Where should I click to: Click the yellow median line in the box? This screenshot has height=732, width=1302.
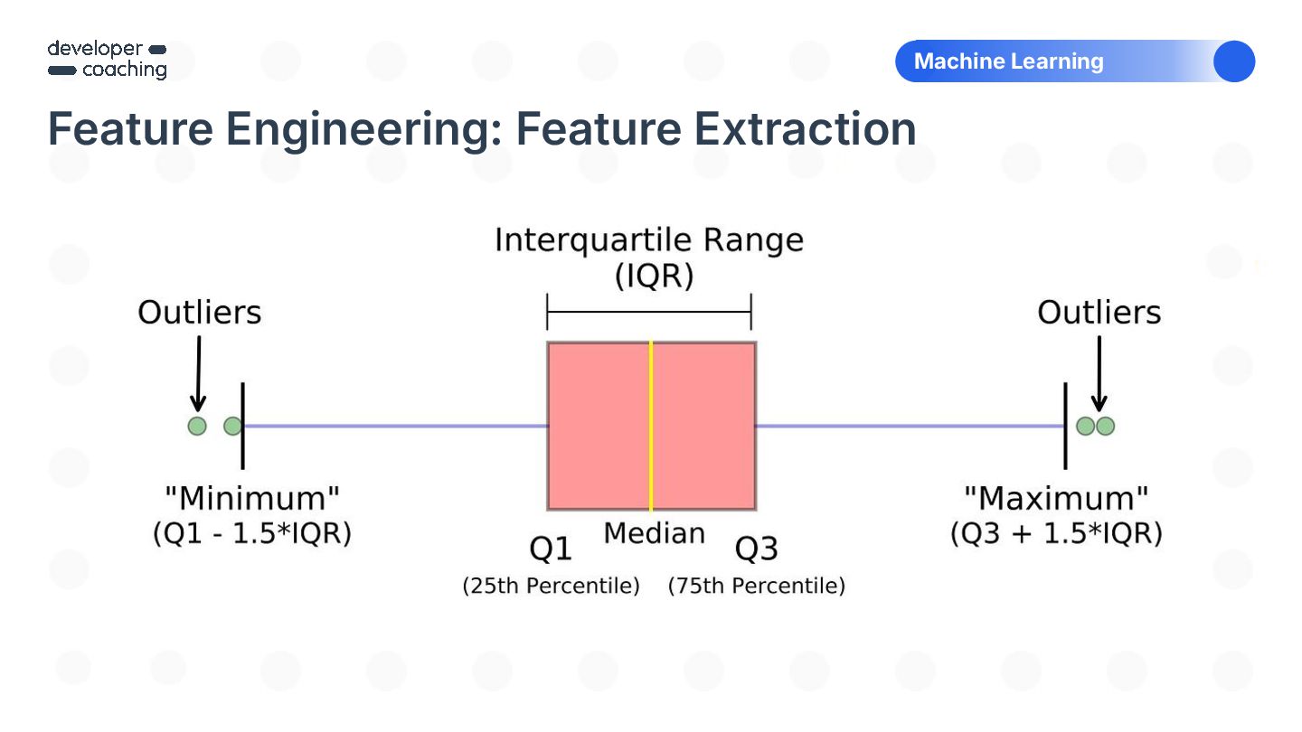pyautogui.click(x=651, y=426)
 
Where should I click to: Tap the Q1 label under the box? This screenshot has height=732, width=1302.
pyautogui.click(x=551, y=549)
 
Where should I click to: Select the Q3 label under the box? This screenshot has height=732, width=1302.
pyautogui.click(x=756, y=549)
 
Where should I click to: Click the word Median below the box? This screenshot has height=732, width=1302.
pyautogui.click(x=655, y=533)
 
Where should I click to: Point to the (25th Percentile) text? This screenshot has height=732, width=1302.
pyautogui.click(x=551, y=586)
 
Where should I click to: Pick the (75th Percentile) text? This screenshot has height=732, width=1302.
pyautogui.click(x=757, y=586)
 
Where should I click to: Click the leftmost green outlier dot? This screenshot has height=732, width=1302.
pyautogui.click(x=197, y=426)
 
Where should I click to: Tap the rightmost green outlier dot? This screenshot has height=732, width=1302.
pyautogui.click(x=1105, y=426)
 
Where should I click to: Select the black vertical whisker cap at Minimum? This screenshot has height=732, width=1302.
pyautogui.click(x=242, y=426)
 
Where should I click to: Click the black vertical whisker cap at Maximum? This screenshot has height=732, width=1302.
pyautogui.click(x=1065, y=426)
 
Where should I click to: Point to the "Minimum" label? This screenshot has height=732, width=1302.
pyautogui.click(x=252, y=498)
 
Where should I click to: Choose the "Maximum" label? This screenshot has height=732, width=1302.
pyautogui.click(x=1056, y=498)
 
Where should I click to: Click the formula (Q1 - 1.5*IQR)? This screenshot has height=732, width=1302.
pyautogui.click(x=252, y=533)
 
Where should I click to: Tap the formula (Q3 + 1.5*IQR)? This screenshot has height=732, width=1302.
pyautogui.click(x=1056, y=533)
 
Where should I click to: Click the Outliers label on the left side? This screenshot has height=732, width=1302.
pyautogui.click(x=199, y=312)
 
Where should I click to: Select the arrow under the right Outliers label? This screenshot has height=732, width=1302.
pyautogui.click(x=1099, y=373)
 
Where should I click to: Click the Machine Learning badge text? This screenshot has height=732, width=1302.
pyautogui.click(x=1008, y=61)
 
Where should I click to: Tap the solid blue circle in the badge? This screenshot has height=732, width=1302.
pyautogui.click(x=1234, y=61)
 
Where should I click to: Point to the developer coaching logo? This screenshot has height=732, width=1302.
pyautogui.click(x=108, y=60)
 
